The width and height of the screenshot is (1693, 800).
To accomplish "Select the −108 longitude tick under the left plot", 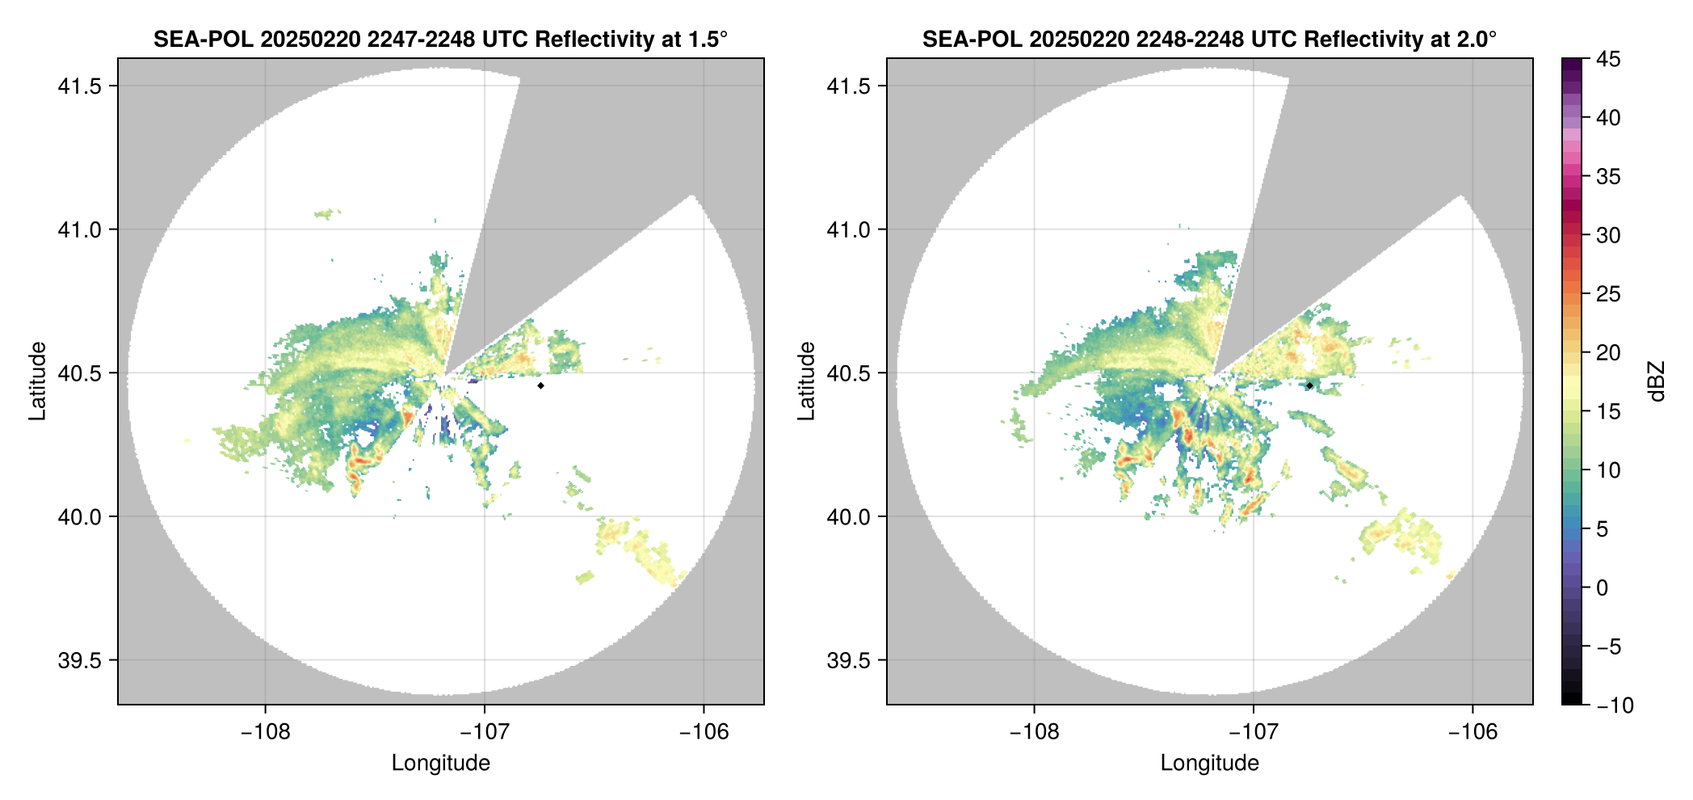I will click(265, 732).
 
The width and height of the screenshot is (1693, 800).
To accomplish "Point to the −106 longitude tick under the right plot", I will click(1473, 732).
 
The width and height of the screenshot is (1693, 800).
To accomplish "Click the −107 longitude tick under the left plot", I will click(485, 732).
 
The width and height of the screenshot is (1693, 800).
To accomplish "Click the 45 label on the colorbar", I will click(1607, 60).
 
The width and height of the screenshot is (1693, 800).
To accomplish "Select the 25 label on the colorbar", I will click(1607, 294).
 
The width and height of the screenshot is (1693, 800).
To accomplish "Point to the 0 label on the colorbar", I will click(1603, 588).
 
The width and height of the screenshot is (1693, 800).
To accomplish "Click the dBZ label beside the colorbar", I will click(1657, 381).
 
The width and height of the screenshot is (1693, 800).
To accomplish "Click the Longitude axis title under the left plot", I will click(441, 764).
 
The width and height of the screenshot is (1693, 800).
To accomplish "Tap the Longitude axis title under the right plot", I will click(1210, 764).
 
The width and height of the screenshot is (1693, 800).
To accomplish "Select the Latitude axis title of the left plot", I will click(38, 381).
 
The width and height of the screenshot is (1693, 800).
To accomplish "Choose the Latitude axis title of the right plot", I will click(807, 381).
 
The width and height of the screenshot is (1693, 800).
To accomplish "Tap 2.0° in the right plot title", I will click(1475, 40).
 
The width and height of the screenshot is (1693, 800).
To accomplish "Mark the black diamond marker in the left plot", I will click(540, 385).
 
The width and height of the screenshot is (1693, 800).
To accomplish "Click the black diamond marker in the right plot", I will click(1309, 385).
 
